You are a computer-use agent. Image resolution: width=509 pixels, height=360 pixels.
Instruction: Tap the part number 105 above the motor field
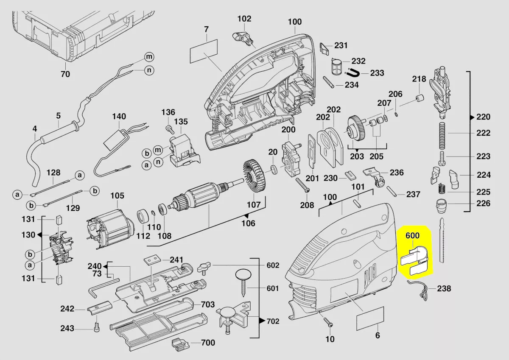pos(117,196)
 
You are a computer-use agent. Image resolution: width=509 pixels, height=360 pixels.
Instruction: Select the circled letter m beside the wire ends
pos(148,56)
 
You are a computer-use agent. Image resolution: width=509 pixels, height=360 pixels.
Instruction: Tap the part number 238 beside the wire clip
pos(444,289)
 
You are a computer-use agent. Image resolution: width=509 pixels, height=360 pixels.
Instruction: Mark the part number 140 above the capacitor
pos(119,116)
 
